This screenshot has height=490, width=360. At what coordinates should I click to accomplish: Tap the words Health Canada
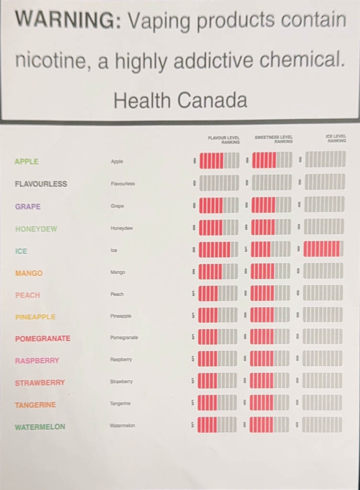pyautogui.click(x=180, y=100)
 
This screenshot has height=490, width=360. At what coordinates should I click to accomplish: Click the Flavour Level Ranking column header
pyautogui.click(x=224, y=140)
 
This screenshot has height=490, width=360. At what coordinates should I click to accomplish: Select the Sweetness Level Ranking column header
pyautogui.click(x=273, y=140)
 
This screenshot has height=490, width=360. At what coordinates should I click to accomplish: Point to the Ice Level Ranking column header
pyautogui.click(x=336, y=139)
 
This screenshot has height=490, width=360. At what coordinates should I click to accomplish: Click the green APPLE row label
pyautogui.click(x=26, y=162)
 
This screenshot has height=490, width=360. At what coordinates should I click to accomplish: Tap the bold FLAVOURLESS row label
pyautogui.click(x=41, y=184)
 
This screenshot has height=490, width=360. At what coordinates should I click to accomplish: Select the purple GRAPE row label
pyautogui.click(x=28, y=207)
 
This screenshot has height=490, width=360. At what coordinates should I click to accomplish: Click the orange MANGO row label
pyautogui.click(x=29, y=273)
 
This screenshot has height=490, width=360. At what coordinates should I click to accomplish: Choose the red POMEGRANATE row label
pyautogui.click(x=43, y=338)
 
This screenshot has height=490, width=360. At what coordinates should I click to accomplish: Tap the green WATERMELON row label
pyautogui.click(x=40, y=427)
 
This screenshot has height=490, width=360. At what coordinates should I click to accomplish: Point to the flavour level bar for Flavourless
pyautogui.click(x=219, y=183)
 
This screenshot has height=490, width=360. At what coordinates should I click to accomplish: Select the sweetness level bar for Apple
pyautogui.click(x=271, y=160)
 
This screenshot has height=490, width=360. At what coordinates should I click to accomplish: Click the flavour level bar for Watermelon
pyautogui.click(x=217, y=424)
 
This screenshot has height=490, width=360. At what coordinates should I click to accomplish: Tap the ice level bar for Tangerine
pyautogui.click(x=322, y=402)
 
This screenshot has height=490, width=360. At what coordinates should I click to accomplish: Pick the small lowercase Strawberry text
pyautogui.click(x=121, y=382)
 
